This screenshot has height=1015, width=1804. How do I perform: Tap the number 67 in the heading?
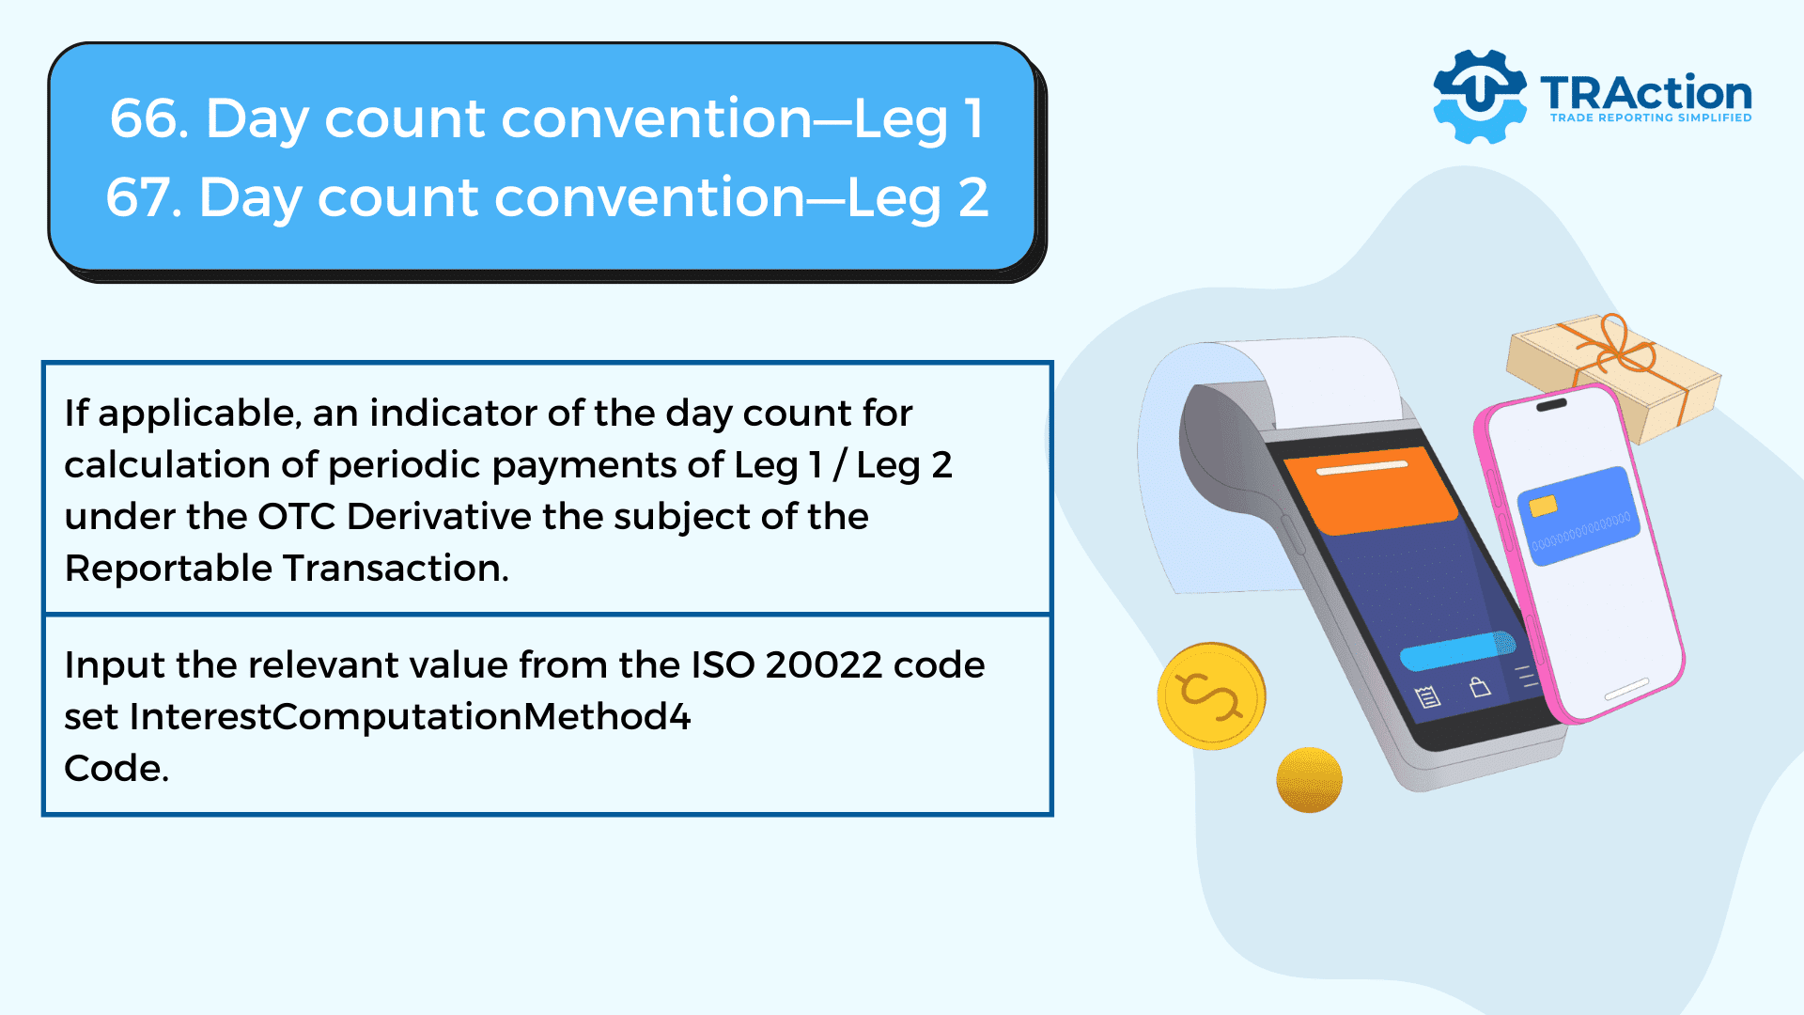(x=138, y=198)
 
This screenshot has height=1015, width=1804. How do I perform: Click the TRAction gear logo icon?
(x=1479, y=96)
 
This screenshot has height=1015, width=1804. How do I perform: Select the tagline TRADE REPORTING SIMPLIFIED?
(x=1650, y=117)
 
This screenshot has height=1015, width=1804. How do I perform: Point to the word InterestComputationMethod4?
(x=410, y=717)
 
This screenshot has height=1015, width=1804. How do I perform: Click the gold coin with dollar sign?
(x=1211, y=696)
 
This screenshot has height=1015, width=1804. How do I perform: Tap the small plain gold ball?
(x=1309, y=779)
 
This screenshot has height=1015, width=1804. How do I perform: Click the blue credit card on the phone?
(x=1578, y=516)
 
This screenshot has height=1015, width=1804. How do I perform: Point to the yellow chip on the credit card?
(x=1543, y=507)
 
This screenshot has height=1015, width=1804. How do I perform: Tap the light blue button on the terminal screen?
(x=1457, y=649)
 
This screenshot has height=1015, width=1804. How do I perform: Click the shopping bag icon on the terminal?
(x=1480, y=687)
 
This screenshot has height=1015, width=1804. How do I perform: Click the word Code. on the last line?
(x=117, y=769)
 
